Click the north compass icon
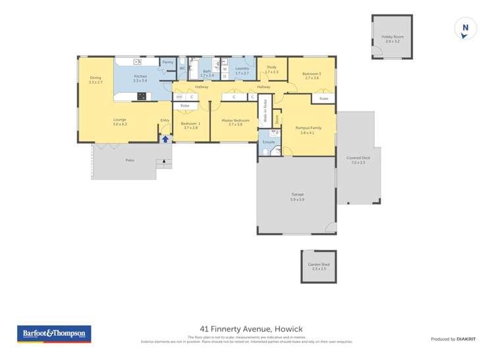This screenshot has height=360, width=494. pyautogui.click(x=465, y=29)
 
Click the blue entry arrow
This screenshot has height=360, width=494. pyautogui.click(x=165, y=139)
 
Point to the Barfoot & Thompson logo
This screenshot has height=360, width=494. pyautogui.click(x=54, y=334)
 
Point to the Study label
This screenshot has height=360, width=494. pyautogui.click(x=271, y=67)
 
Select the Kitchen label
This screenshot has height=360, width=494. pyautogui.click(x=140, y=76)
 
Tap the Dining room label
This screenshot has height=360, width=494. pyautogui.click(x=96, y=78)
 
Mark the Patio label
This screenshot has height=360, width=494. pyautogui.click(x=130, y=160)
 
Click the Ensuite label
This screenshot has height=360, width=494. pyautogui.click(x=269, y=141)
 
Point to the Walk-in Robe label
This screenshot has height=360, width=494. pyautogui.click(x=265, y=111)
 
